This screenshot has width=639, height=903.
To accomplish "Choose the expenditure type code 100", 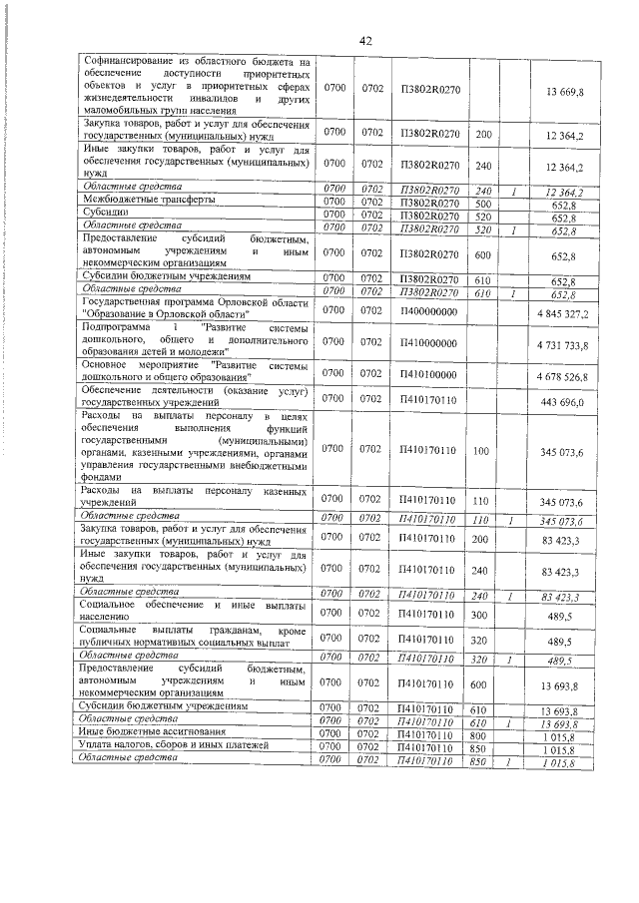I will [482, 451].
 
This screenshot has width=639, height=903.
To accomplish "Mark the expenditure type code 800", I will [482, 734].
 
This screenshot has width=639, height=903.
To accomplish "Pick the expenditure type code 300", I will [482, 617].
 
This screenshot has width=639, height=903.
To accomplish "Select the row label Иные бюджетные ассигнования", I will [139, 734].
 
